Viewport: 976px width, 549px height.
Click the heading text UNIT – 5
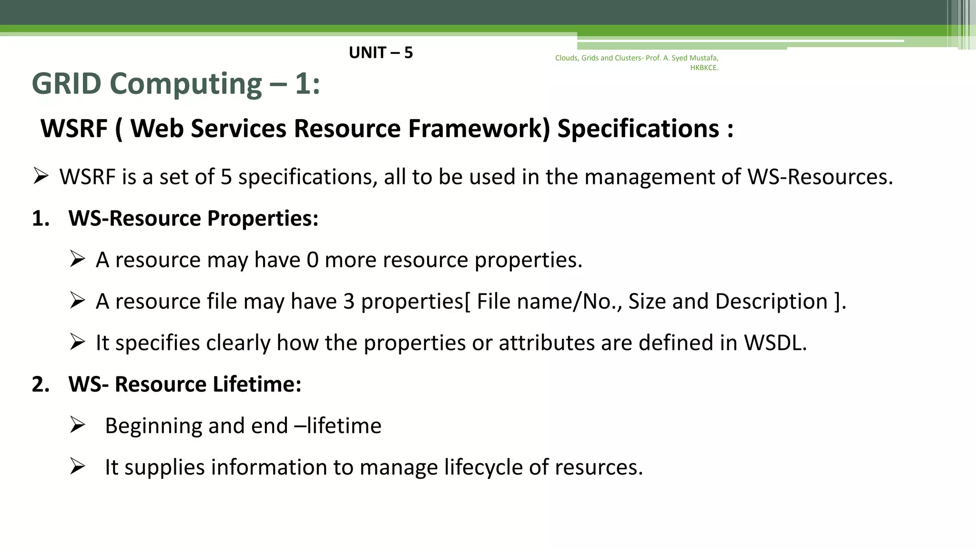[x=380, y=52]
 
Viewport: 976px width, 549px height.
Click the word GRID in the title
[x=66, y=84]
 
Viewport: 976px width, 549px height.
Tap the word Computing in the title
[x=186, y=85]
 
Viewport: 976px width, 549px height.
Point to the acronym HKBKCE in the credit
[x=703, y=68]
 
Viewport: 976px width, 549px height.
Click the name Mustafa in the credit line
[x=704, y=58]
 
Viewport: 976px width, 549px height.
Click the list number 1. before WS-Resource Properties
[x=41, y=219]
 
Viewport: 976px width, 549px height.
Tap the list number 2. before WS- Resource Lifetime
[x=41, y=385]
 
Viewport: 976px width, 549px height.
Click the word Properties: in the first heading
[x=263, y=219]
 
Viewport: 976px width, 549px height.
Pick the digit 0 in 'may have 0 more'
[x=312, y=260]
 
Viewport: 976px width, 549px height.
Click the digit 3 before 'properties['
[x=349, y=302]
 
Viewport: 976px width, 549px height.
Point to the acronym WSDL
[x=775, y=343]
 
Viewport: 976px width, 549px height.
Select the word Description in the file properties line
[x=771, y=302]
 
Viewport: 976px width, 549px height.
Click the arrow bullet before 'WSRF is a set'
[x=41, y=177]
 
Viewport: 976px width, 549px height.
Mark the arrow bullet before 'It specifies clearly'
[x=77, y=342]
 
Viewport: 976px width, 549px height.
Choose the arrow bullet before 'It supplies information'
[x=77, y=467]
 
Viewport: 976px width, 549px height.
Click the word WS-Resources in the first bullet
[x=820, y=177]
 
